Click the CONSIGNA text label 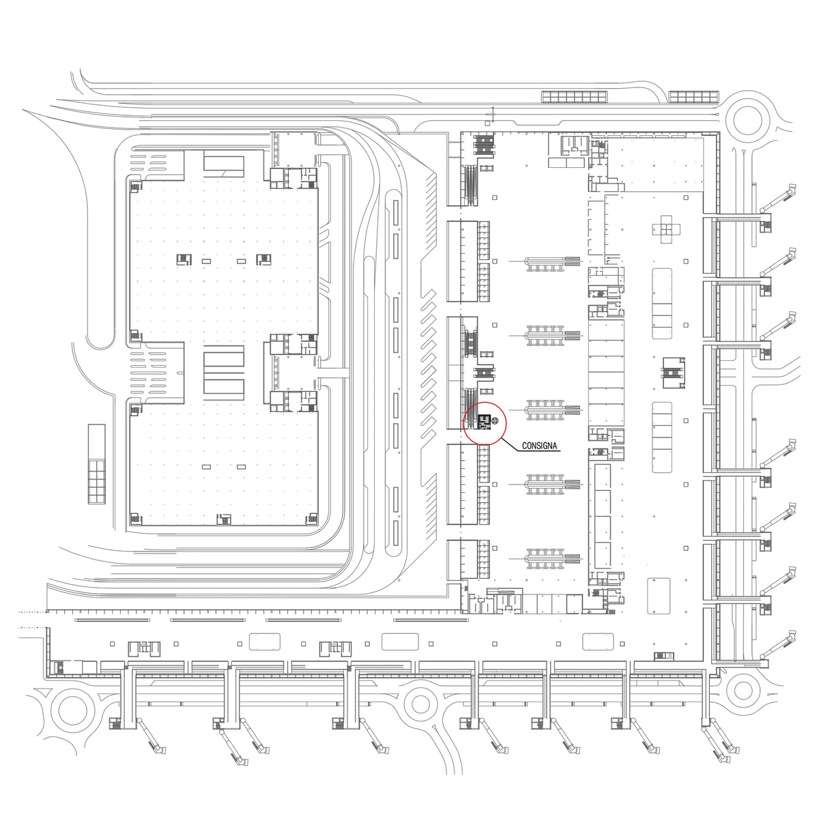[539, 446]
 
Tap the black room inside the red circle [483, 422]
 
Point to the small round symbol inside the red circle [495, 421]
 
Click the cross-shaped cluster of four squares [666, 229]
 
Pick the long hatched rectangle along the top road [574, 97]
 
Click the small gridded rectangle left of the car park [97, 464]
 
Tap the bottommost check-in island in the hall [552, 558]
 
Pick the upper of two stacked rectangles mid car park [223, 356]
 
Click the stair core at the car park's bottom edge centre [223, 519]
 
